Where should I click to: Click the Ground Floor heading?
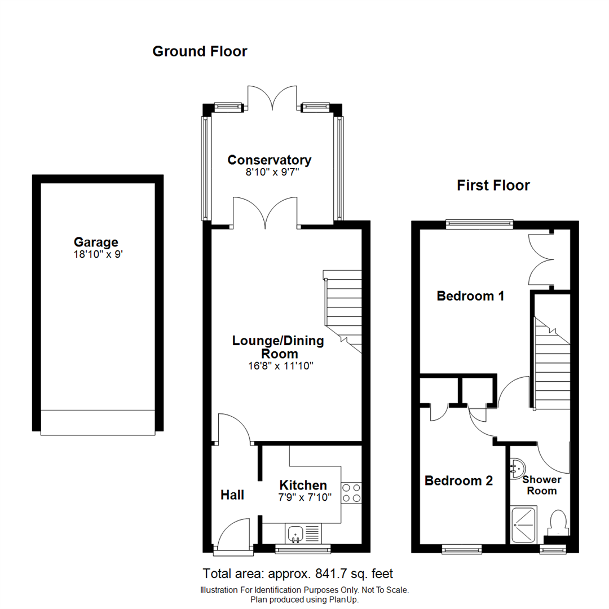pos(200,51)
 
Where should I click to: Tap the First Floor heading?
pos(493,185)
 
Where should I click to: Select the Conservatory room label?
pos(269,160)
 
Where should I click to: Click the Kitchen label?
pos(303,485)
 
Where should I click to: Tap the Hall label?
pos(232,495)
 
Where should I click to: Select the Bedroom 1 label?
pos(470,295)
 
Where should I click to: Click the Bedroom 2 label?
pos(458,481)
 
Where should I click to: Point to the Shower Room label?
pos(541,485)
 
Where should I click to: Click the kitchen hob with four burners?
pos(352,492)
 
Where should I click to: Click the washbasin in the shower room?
pos(518,467)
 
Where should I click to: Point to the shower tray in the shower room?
pos(524,524)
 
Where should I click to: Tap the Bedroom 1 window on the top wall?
pos(479,224)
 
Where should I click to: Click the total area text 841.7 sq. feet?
pos(298,574)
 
